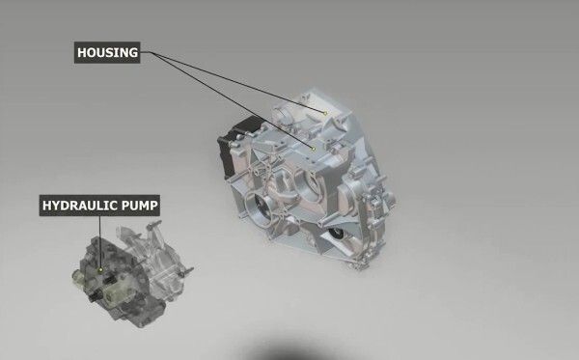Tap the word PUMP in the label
pos(138,206)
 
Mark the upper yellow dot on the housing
pos(326,114)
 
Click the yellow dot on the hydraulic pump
pos(100,268)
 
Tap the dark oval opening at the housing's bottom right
pos(337,240)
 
